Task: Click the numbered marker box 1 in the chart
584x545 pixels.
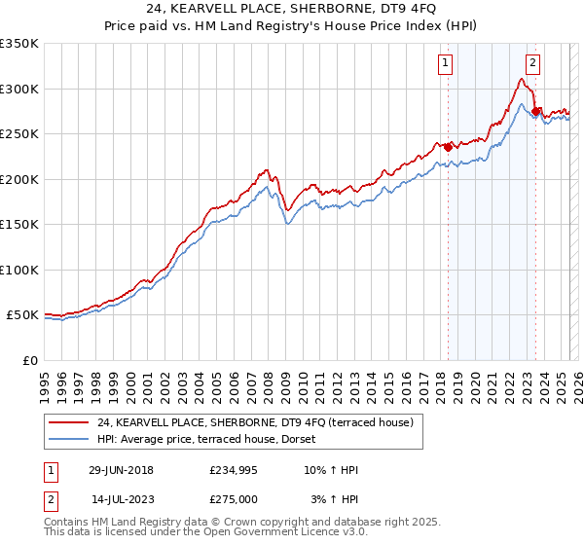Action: pyautogui.click(x=445, y=64)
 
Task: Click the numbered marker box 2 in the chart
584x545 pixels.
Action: pyautogui.click(x=533, y=64)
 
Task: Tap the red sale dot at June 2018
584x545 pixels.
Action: pyautogui.click(x=449, y=147)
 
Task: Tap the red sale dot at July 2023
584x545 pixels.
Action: pyautogui.click(x=536, y=111)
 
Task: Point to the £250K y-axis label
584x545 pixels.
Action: pyautogui.click(x=19, y=134)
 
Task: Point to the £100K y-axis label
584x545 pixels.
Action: pyautogui.click(x=19, y=270)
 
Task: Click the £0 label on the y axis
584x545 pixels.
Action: pyautogui.click(x=29, y=360)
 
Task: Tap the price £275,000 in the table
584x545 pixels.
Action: pyautogui.click(x=233, y=498)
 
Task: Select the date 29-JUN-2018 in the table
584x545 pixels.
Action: pyautogui.click(x=121, y=470)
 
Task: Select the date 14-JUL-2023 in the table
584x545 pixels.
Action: pyautogui.click(x=122, y=498)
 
